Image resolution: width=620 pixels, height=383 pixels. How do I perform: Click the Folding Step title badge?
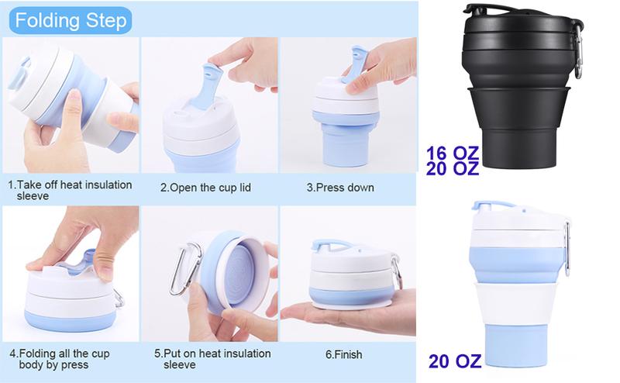pos(71,21)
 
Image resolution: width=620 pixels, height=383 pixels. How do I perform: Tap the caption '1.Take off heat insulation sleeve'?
pos(70,190)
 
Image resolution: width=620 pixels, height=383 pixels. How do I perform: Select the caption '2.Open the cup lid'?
pos(205,188)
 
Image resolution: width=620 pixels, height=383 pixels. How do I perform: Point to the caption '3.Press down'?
pos(340,188)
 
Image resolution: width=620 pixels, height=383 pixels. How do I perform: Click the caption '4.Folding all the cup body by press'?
pos(60,359)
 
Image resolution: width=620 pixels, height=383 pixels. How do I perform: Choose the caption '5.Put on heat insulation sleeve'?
pos(212,359)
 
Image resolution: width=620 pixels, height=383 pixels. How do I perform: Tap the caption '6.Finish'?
pos(343,354)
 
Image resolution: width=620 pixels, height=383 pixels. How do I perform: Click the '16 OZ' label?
pos(453,152)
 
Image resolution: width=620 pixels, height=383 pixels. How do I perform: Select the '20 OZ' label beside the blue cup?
pos(455,361)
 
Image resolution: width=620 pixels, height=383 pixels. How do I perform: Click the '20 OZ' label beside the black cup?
pos(453,168)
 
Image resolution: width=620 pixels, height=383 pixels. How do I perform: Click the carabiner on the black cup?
pos(579,50)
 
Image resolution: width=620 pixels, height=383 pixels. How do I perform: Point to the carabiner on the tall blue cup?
pos(567,247)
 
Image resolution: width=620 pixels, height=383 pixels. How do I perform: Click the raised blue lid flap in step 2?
pos(206,85)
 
